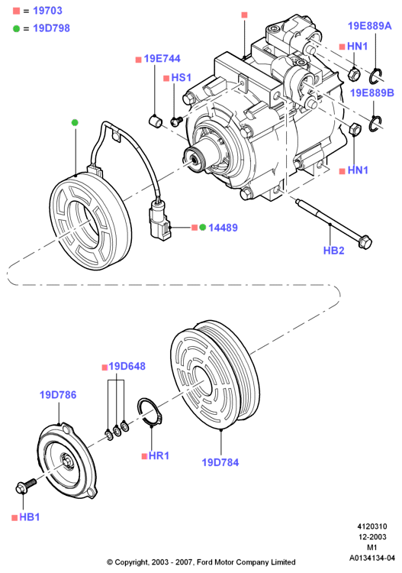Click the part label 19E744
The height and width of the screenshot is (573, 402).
pos(162,59)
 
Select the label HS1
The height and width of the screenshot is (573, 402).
pos(181,77)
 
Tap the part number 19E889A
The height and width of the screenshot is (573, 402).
pos(369,25)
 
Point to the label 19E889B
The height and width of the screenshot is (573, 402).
pos(372,92)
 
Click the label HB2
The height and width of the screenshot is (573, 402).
pos(334,251)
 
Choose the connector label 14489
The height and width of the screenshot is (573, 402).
pos(223,228)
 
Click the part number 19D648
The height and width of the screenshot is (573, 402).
pos(127,366)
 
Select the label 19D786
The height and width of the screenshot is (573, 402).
pos(58,395)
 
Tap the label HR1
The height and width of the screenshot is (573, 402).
pos(159,455)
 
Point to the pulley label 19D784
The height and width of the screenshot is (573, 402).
pos(220,462)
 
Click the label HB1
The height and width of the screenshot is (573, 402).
pos(30,517)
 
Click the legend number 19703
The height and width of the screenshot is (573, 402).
pos(48,11)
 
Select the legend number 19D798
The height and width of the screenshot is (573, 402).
pos(51,28)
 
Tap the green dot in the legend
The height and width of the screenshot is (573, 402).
pos(16,28)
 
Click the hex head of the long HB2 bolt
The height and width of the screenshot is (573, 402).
pos(365,242)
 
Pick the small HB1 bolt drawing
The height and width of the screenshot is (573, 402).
pos(27,486)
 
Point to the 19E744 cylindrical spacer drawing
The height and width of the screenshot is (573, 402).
pos(156,121)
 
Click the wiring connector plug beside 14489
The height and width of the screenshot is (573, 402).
pos(159,223)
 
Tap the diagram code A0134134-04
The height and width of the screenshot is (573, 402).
pos(372,558)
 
